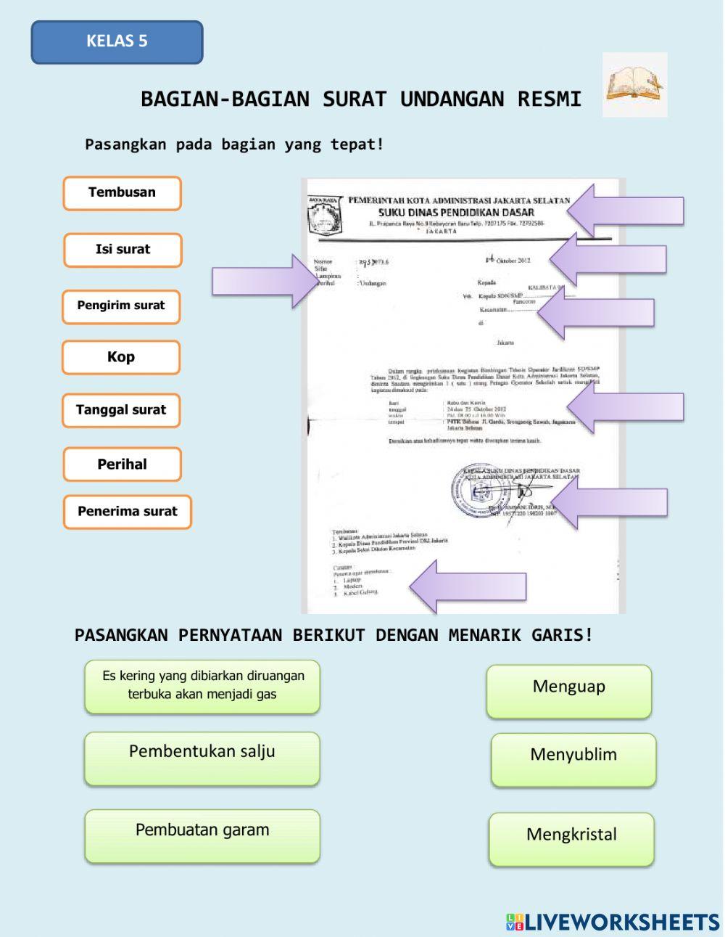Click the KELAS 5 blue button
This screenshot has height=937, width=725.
[117, 41]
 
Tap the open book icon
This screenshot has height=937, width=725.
[634, 84]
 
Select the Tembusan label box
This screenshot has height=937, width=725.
[122, 193]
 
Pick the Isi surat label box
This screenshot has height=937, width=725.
[123, 250]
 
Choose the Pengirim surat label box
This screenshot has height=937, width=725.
[121, 306]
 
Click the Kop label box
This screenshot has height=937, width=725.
[121, 357]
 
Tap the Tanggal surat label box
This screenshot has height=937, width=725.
[121, 410]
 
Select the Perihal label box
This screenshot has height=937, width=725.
[122, 465]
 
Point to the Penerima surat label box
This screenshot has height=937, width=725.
[127, 512]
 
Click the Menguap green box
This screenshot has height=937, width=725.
[569, 691]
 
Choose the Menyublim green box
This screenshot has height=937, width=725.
[573, 759]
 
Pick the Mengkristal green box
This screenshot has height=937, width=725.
[571, 839]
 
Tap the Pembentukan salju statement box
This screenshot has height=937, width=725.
[202, 758]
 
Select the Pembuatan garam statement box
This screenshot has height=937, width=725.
[202, 836]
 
